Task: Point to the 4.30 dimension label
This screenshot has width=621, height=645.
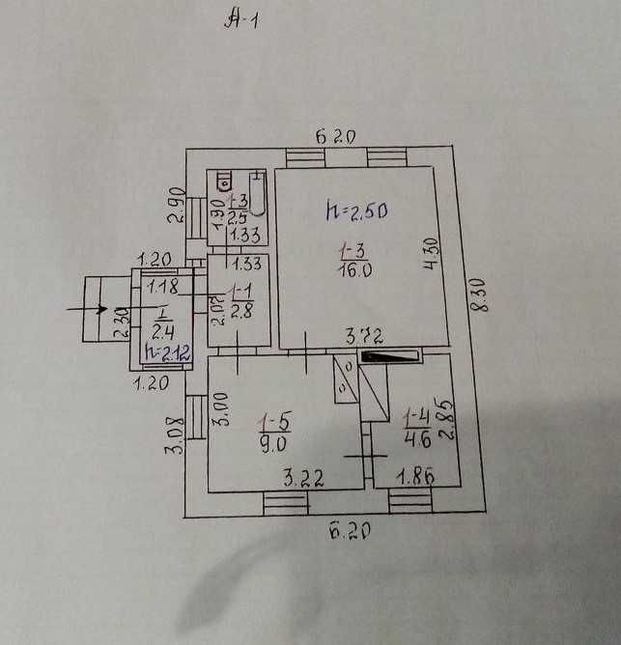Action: [433, 252]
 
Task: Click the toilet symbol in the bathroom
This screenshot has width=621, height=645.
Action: [225, 181]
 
